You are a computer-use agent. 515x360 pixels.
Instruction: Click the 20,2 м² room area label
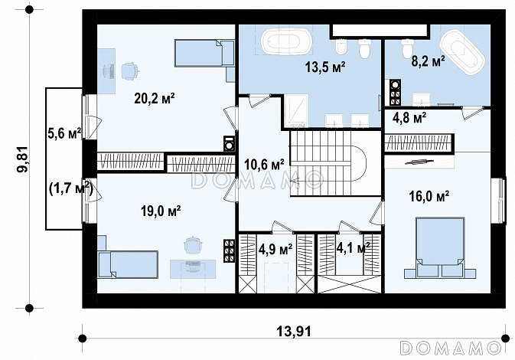point(154,98)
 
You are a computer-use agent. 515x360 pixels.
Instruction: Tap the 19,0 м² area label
point(161,211)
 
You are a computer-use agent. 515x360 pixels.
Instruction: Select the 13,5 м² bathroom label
point(324,67)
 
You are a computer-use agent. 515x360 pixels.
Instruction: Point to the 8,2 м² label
point(429,61)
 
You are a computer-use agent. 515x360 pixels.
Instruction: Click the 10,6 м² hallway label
point(265,164)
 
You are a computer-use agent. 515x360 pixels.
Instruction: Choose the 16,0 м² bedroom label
point(429,196)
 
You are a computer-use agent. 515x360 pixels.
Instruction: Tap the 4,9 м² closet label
point(275,250)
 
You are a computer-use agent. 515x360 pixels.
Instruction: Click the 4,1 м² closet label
point(353,247)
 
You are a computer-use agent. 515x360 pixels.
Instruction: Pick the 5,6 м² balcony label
point(65,134)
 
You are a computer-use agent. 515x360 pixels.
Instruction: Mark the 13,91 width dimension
point(294,332)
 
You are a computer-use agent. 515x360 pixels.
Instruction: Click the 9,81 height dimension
point(23,159)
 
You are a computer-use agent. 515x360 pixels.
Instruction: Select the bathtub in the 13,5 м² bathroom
point(286,41)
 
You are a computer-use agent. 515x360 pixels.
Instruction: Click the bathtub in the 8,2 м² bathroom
point(461,52)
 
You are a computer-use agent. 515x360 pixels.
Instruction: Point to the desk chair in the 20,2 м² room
point(129,71)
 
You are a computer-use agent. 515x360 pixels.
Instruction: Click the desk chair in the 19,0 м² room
point(193,245)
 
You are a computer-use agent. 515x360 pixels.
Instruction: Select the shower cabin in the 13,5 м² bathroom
point(296,111)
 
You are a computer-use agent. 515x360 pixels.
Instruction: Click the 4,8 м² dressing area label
point(409,117)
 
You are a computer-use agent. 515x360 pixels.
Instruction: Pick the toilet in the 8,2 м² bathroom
point(407,48)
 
